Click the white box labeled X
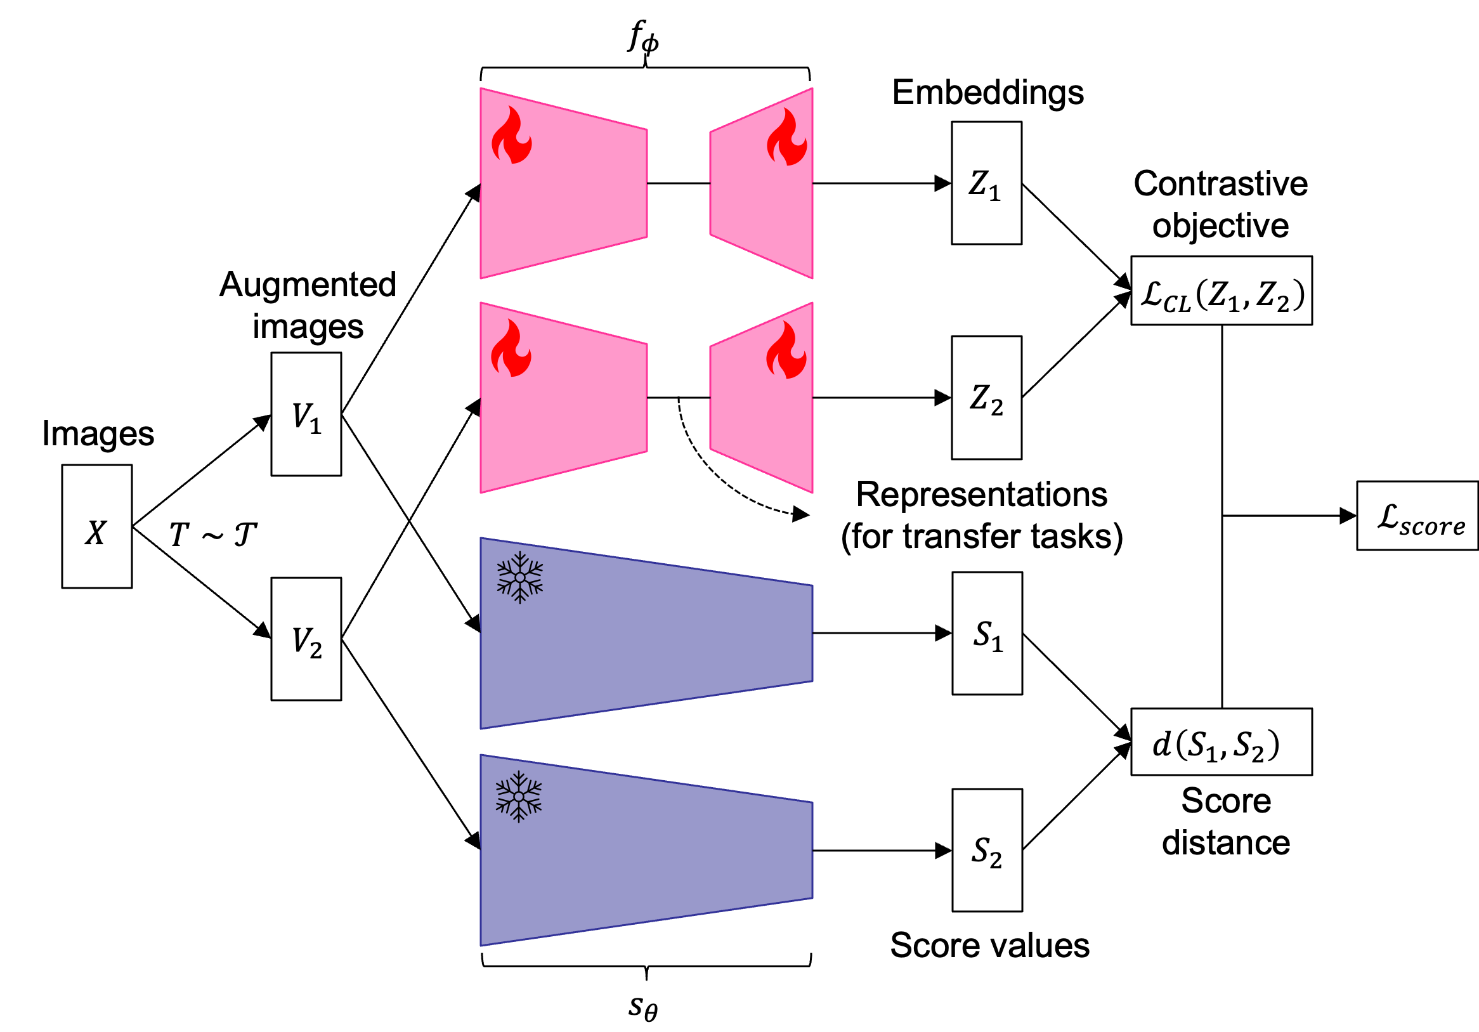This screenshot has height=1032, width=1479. click(96, 526)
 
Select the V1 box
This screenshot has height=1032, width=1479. click(306, 414)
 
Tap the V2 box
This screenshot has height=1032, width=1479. click(306, 639)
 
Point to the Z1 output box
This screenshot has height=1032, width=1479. click(986, 183)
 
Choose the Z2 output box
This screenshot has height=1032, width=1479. click(986, 398)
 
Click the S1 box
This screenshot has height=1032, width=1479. click(987, 633)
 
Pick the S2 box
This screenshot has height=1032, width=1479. click(987, 851)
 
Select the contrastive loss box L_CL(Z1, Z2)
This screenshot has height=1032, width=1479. click(1222, 291)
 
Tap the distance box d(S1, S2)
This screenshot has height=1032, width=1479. click(1222, 742)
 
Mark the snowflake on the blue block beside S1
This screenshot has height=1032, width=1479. click(520, 577)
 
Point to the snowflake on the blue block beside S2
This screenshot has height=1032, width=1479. click(519, 797)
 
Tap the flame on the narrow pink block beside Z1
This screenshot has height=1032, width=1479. click(786, 137)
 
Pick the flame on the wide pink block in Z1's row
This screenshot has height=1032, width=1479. click(511, 135)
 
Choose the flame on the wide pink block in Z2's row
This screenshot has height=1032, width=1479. click(511, 348)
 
